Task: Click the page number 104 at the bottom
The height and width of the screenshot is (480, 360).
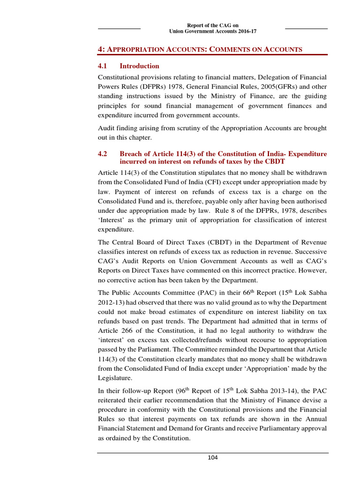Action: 213,457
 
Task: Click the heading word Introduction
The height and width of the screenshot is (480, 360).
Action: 139,66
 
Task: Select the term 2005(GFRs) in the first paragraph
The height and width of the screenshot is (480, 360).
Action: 253,86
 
